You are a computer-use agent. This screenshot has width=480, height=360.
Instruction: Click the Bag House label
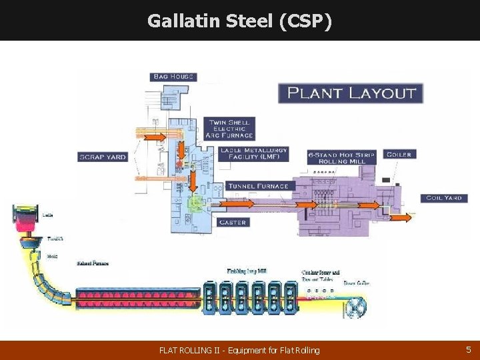pyautogui.click(x=173, y=77)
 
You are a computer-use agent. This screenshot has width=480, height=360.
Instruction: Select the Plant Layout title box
pyautogui.click(x=351, y=93)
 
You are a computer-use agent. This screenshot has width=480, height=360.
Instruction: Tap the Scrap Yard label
pyautogui.click(x=102, y=157)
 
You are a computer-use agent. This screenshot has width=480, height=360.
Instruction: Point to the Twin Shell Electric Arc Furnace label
pyautogui.click(x=231, y=129)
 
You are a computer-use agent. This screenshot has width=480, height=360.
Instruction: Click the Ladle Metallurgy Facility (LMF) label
pyautogui.click(x=254, y=154)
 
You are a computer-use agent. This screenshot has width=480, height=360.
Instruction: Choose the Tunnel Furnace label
pyautogui.click(x=258, y=186)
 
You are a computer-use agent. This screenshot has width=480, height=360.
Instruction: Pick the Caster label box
pyautogui.click(x=233, y=222)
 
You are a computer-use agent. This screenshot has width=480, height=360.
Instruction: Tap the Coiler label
pyautogui.click(x=398, y=154)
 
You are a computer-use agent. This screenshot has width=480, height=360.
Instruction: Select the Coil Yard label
pyautogui.click(x=443, y=198)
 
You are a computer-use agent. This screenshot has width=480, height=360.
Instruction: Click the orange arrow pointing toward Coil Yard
pyautogui.click(x=401, y=217)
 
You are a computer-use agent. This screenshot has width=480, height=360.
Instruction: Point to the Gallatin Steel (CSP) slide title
pyautogui.click(x=239, y=21)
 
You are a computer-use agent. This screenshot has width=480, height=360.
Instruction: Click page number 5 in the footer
pyautogui.click(x=468, y=349)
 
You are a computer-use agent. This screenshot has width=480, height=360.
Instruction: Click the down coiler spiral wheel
pyautogui.click(x=354, y=306)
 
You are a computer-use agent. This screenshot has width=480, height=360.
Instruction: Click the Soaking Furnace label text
pyautogui.click(x=91, y=263)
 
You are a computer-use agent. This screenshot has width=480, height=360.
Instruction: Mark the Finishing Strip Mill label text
pyautogui.click(x=247, y=271)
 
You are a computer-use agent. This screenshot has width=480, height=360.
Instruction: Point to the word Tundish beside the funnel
pyautogui.click(x=55, y=238)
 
